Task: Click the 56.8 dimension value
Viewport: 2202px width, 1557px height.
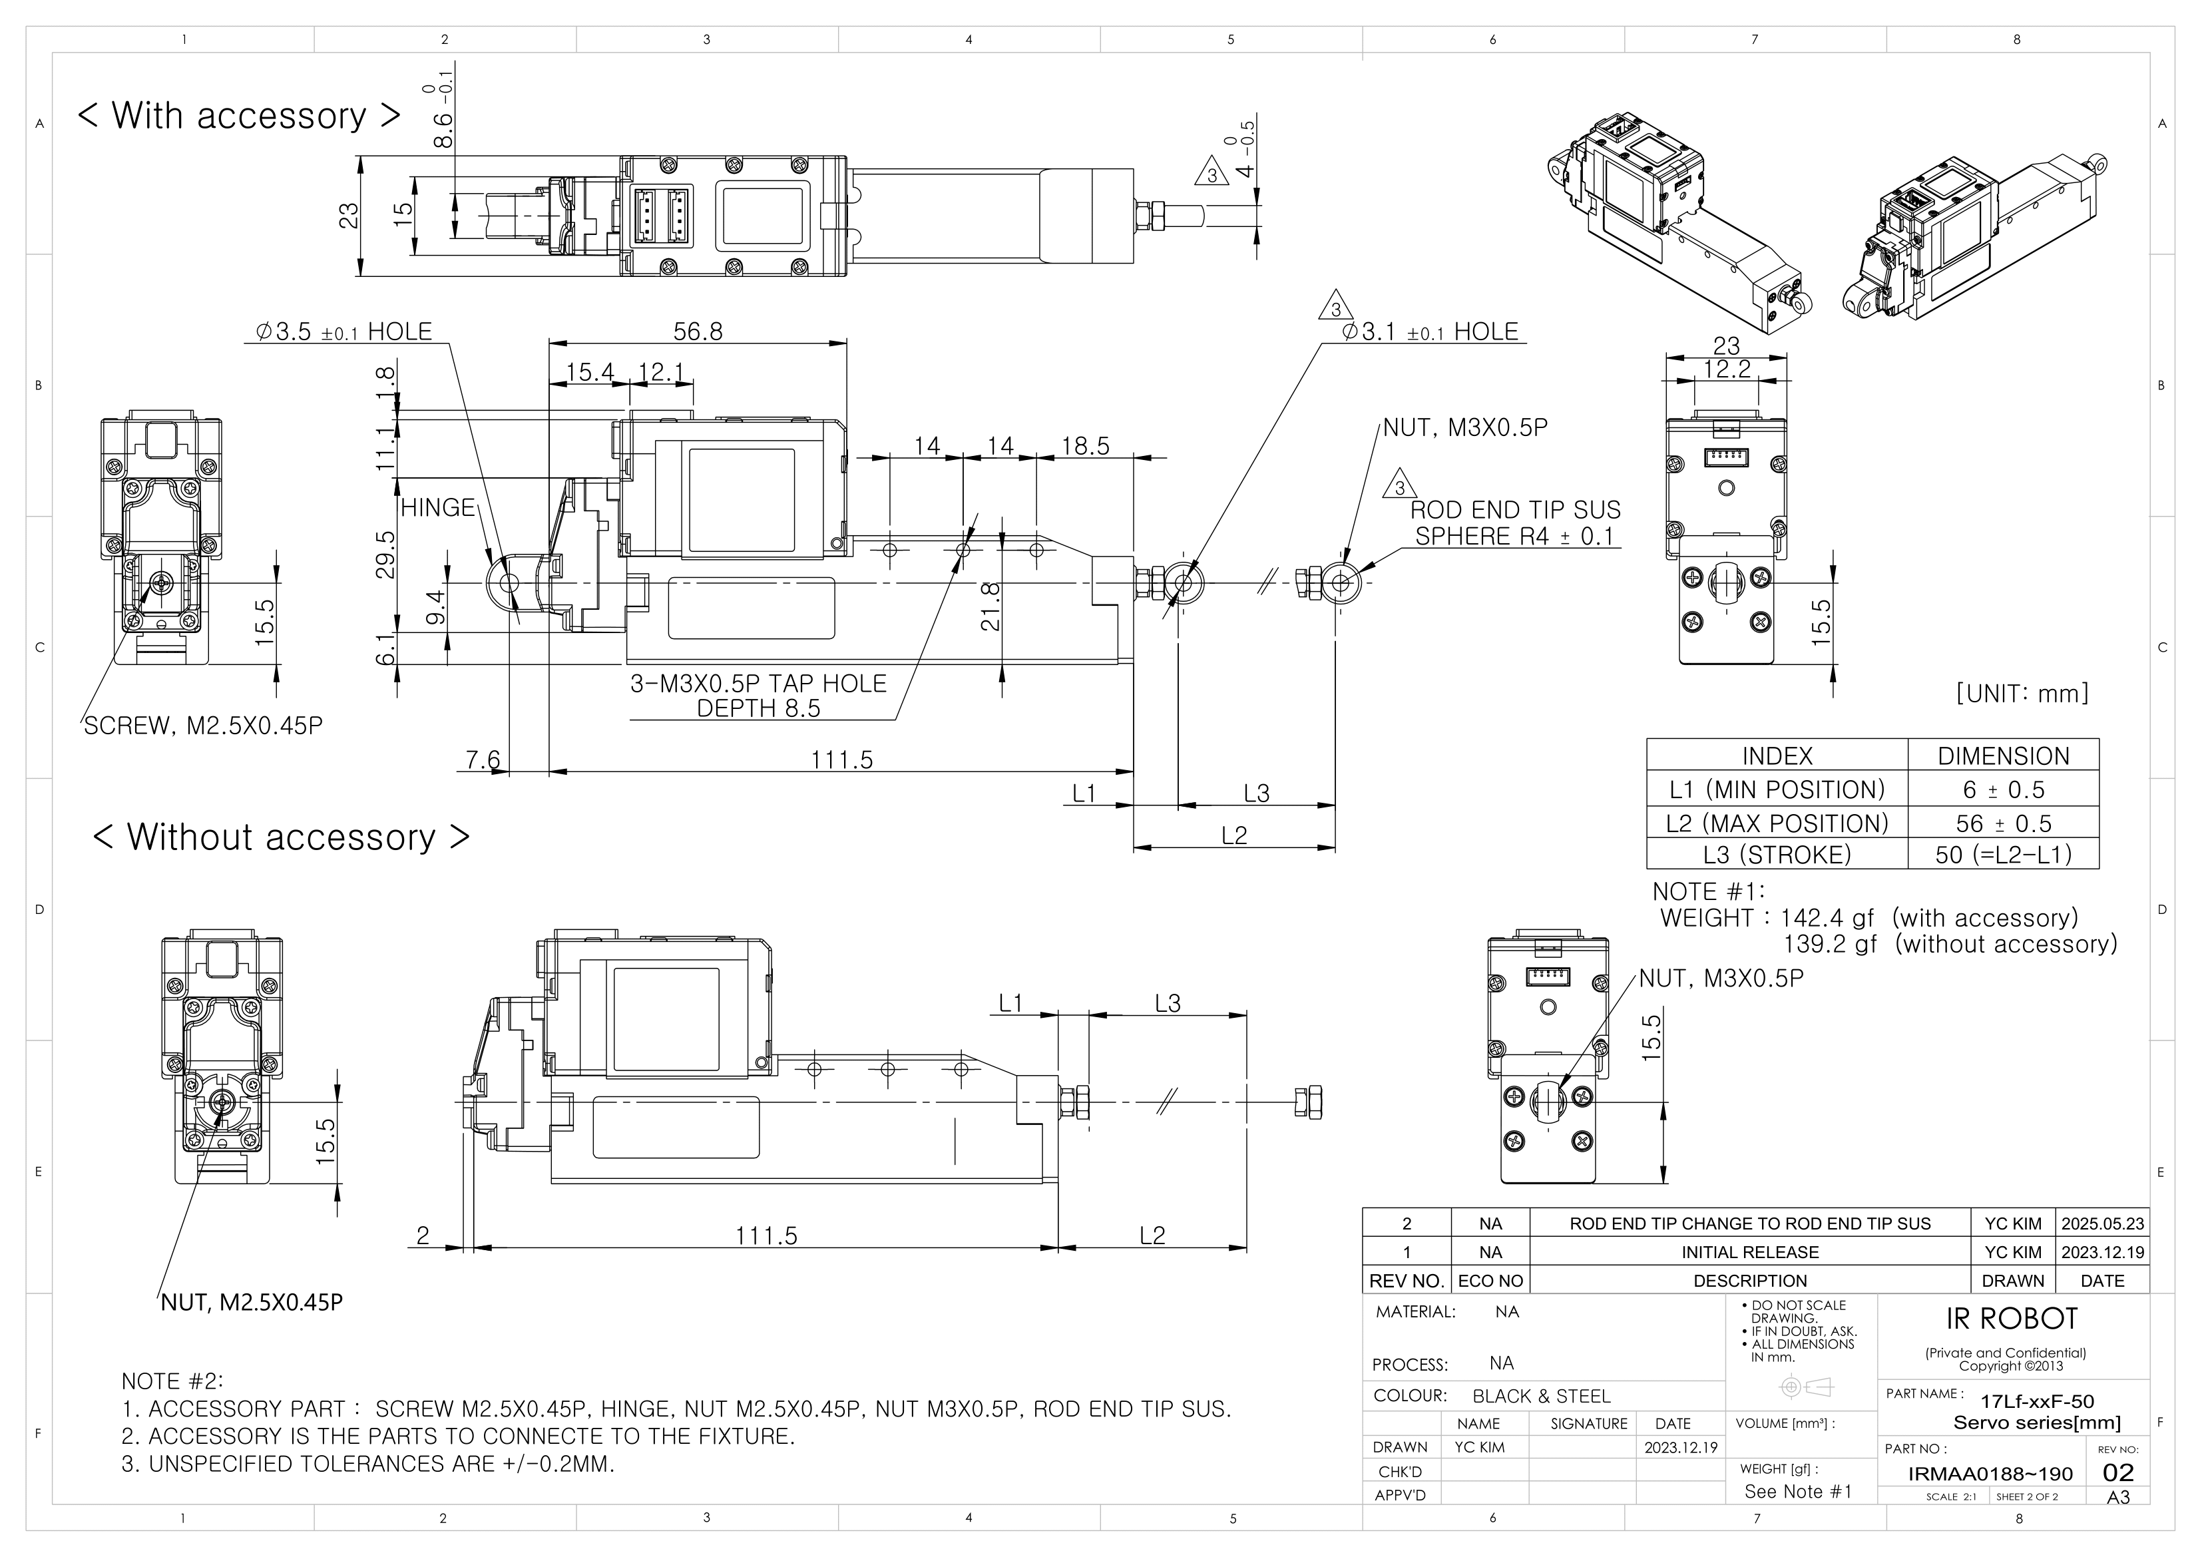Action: [x=697, y=332]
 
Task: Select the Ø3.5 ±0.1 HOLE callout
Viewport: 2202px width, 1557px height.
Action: [x=343, y=332]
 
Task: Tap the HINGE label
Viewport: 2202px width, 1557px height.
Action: [x=437, y=507]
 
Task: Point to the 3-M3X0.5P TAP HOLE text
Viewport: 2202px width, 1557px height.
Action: [x=758, y=684]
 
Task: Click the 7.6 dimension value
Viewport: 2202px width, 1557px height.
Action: [x=483, y=760]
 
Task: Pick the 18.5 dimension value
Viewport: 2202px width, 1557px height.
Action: [x=1085, y=446]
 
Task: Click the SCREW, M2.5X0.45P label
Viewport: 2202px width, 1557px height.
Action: [x=203, y=726]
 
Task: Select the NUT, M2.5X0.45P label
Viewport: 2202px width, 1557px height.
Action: [x=251, y=1302]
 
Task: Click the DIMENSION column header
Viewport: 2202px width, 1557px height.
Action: [x=2002, y=756]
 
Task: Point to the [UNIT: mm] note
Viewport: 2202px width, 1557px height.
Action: [x=2022, y=694]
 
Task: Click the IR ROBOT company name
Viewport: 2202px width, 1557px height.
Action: [x=2011, y=1319]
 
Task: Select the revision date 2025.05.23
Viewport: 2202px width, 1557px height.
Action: [x=2102, y=1224]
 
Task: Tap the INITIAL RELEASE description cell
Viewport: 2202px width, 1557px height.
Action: [x=1749, y=1253]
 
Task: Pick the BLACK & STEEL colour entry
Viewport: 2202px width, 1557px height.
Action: [x=1541, y=1396]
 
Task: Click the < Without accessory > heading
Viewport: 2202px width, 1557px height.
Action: [x=281, y=837]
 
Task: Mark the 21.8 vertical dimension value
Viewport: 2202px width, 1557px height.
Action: [x=991, y=606]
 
